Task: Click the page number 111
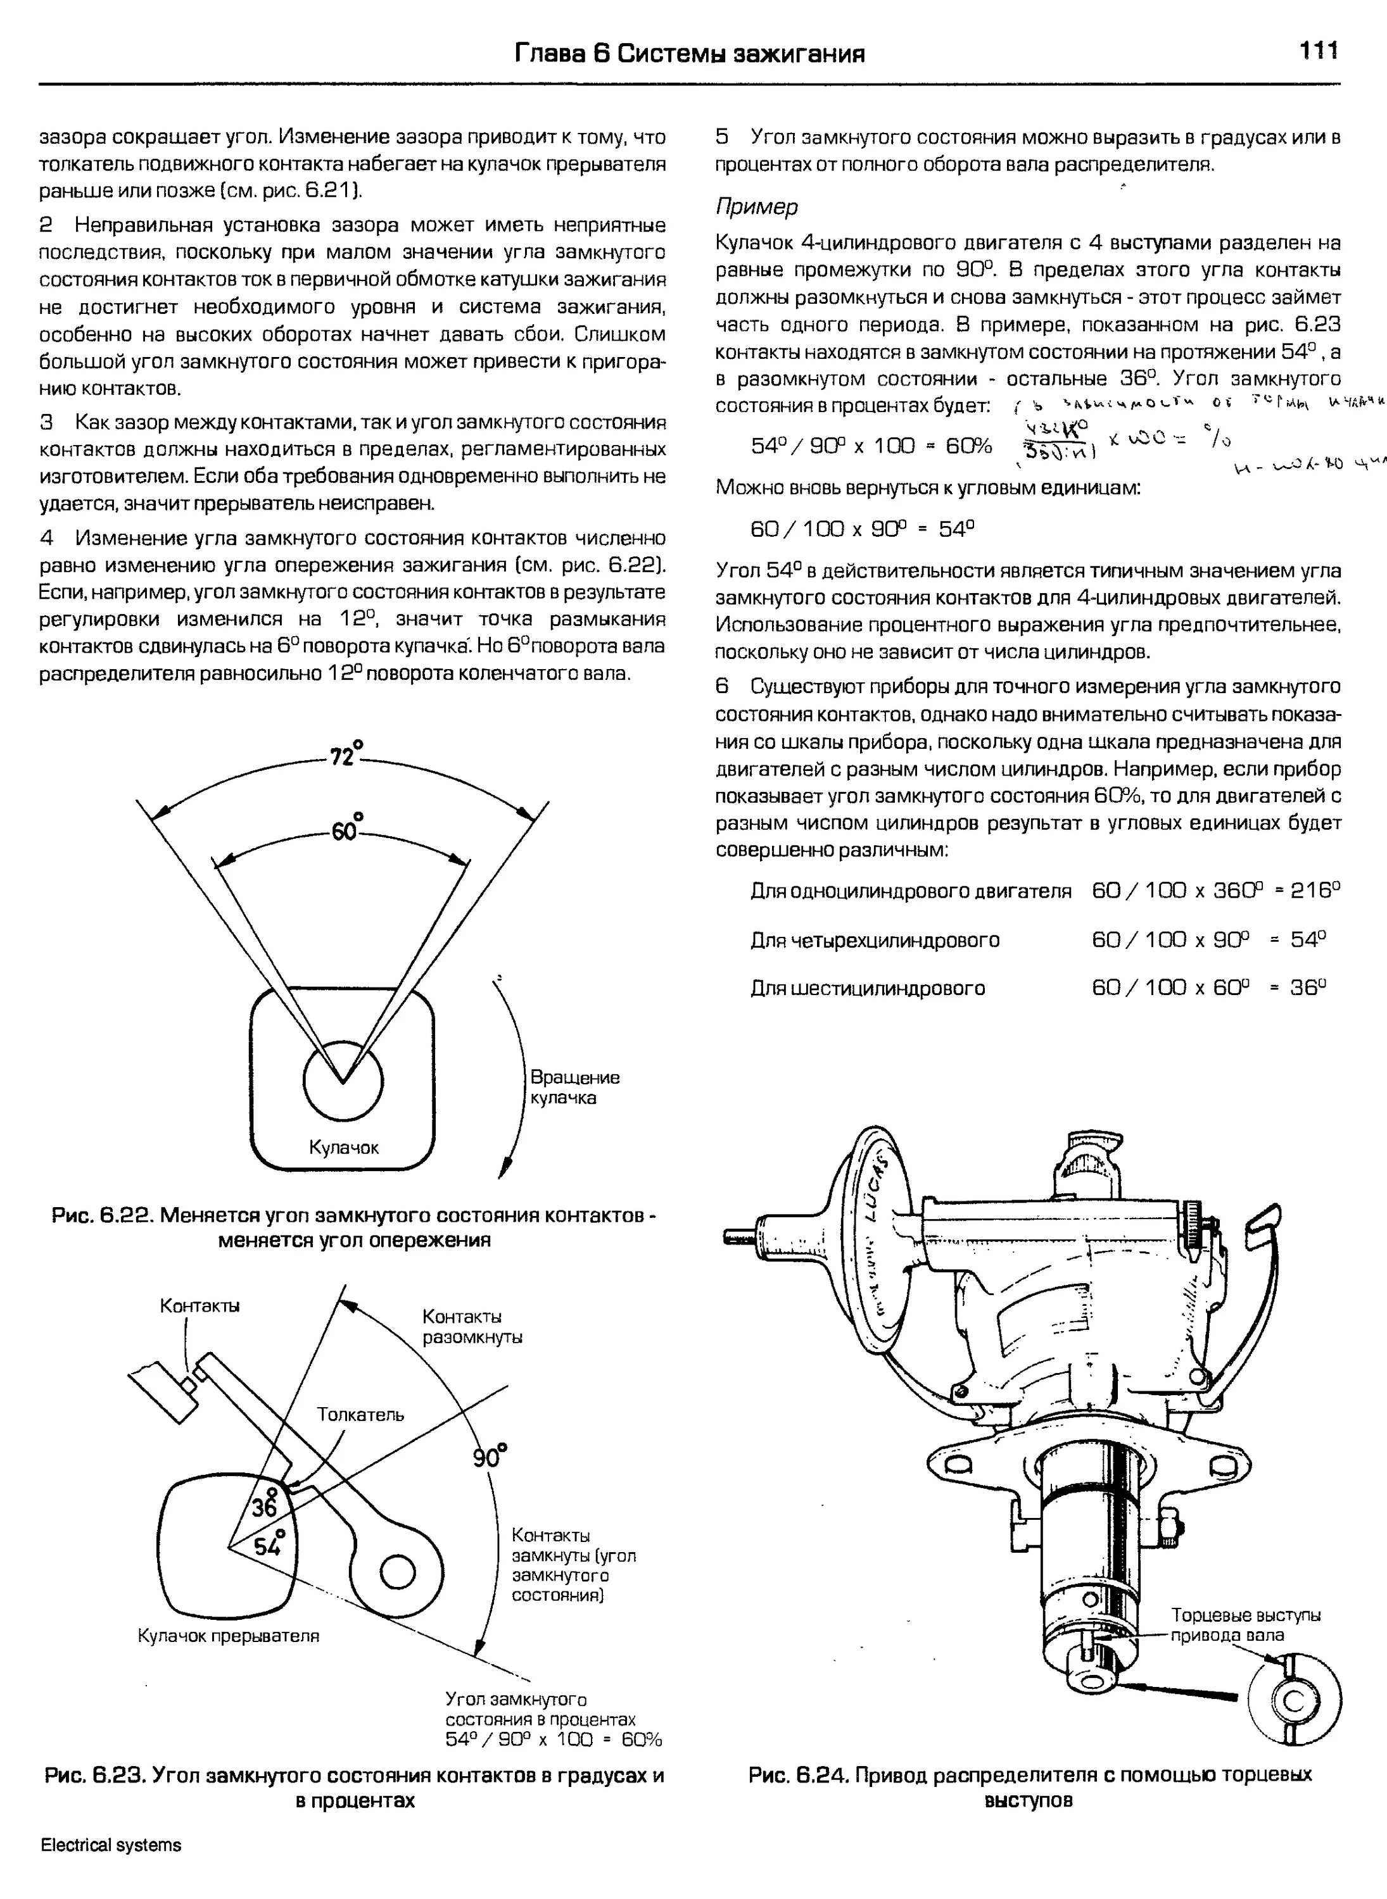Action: pos(1318,52)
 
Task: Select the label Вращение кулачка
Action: pos(574,1087)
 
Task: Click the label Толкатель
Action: pos(360,1415)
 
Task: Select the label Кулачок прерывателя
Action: pos(229,1636)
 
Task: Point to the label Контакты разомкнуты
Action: pos(472,1326)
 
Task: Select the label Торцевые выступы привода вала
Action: pos(1245,1625)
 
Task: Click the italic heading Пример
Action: pos(756,206)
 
